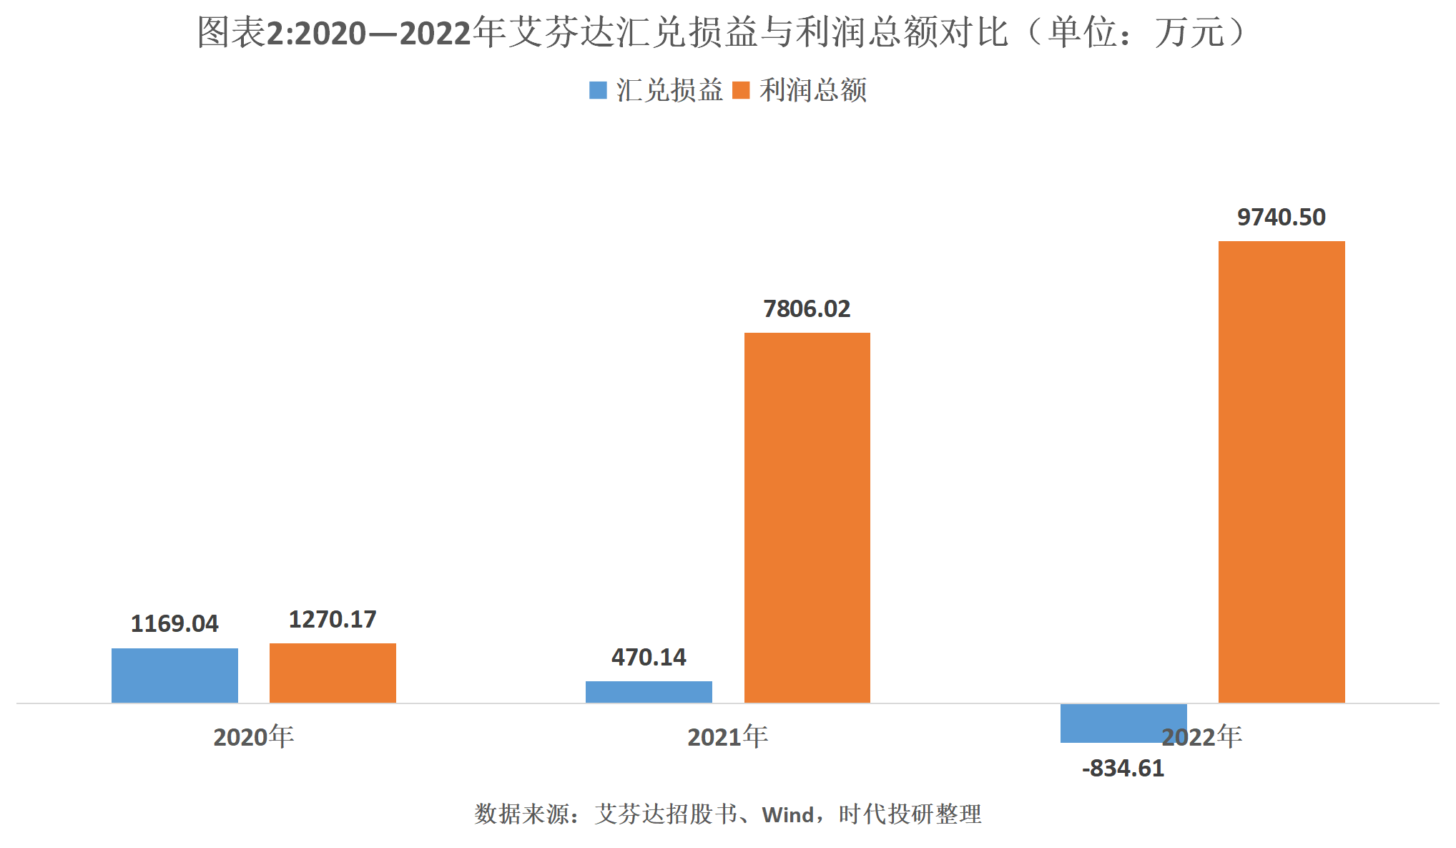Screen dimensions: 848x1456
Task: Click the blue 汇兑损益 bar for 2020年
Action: coord(174,675)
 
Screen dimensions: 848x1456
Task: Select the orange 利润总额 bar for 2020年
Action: coord(333,673)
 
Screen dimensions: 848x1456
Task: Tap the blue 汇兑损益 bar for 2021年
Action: coord(649,691)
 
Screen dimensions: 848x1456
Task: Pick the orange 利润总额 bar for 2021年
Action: coord(807,517)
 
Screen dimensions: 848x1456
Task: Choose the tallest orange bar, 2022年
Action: coord(1281,472)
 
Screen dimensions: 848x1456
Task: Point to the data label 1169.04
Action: coord(174,624)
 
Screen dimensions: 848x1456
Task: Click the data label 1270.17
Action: coord(333,620)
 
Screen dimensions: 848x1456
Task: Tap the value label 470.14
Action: coord(649,658)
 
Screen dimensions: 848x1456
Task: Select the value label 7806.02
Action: coord(807,309)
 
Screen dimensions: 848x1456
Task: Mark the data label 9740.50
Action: coord(1281,218)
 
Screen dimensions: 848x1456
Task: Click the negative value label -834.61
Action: coord(1123,769)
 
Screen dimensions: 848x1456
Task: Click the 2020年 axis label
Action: coord(253,737)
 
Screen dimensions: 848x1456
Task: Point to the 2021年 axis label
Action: coord(727,737)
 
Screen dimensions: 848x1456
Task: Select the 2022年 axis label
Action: coord(1201,737)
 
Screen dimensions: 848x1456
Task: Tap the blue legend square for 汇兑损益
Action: coord(598,90)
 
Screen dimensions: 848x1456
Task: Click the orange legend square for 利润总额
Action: coord(741,90)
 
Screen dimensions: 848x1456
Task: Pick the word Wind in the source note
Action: coord(788,814)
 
